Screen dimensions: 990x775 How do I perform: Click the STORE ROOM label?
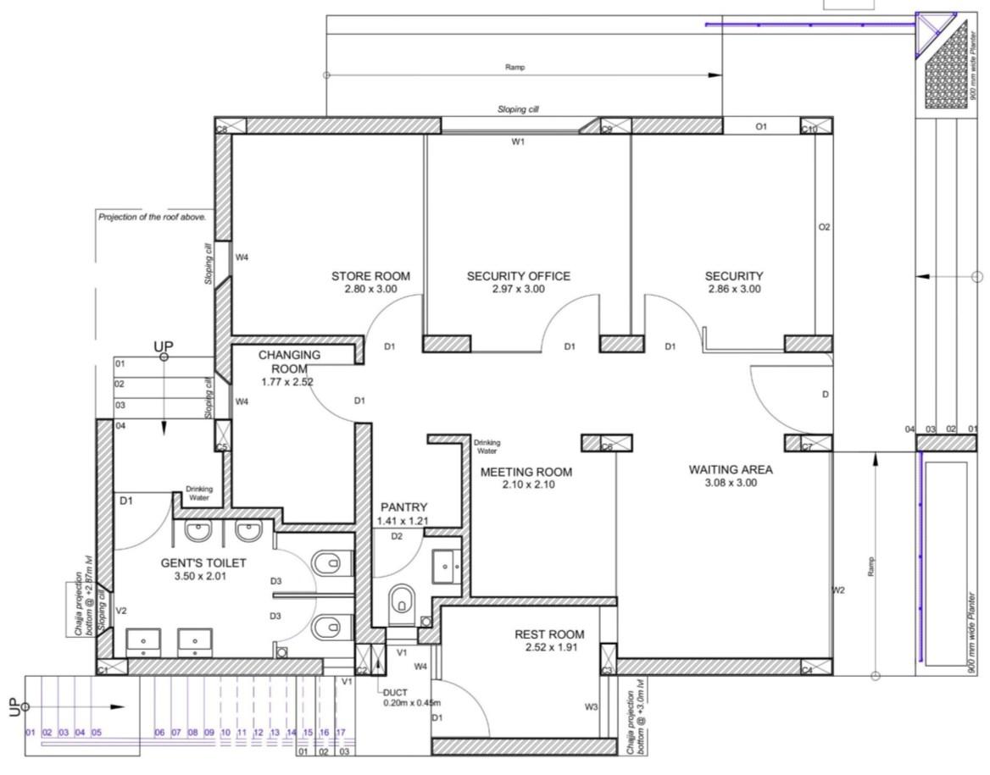pos(370,276)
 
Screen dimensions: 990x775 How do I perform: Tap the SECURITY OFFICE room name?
pos(518,276)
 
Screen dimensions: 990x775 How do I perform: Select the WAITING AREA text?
pos(730,469)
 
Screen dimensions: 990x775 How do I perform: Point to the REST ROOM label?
pos(549,634)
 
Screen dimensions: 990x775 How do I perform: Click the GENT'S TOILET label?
pos(203,562)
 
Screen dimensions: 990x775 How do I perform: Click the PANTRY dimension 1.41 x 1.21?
pos(403,521)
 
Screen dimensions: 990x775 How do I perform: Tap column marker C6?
pos(607,443)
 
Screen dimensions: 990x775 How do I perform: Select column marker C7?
pos(808,443)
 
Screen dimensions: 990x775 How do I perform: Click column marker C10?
pos(809,128)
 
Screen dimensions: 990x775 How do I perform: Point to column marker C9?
pos(607,129)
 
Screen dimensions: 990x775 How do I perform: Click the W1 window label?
pos(518,142)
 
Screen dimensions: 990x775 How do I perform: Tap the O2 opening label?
pos(823,227)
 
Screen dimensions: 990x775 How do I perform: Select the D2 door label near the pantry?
pos(397,536)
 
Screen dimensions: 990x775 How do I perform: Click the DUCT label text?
pos(395,692)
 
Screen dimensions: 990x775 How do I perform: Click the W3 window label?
pos(591,706)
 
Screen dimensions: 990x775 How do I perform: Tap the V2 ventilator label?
pos(121,611)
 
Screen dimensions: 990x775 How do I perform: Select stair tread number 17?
pos(341,732)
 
